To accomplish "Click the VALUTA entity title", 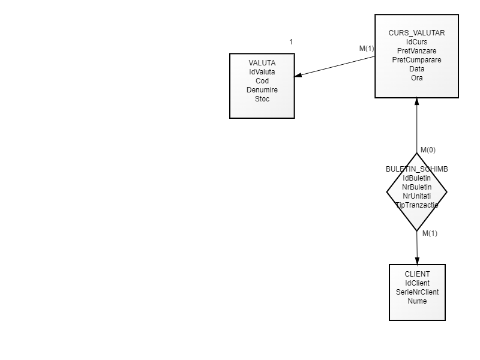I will point(262,63).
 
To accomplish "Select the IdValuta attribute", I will point(262,72).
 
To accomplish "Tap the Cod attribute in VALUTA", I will point(262,81).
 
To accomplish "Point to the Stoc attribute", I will point(262,99).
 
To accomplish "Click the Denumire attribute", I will point(262,90).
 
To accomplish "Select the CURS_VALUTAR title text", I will point(417,32).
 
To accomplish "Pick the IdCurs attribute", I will point(417,41).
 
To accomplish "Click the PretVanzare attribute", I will point(417,50).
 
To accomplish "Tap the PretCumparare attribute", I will point(417,60).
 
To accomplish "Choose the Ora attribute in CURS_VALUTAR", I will point(417,78).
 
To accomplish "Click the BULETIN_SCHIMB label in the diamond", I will point(417,169).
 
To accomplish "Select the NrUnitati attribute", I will point(417,196).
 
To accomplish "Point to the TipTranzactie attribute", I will point(417,205).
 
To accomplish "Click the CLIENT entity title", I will point(417,274).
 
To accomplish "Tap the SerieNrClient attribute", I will point(417,292).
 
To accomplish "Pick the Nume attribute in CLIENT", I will point(417,301).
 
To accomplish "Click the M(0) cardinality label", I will point(428,149).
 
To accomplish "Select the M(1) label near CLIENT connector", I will point(430,233).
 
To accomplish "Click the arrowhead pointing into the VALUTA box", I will point(298,76).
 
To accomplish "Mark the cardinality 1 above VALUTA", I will point(291,42).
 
